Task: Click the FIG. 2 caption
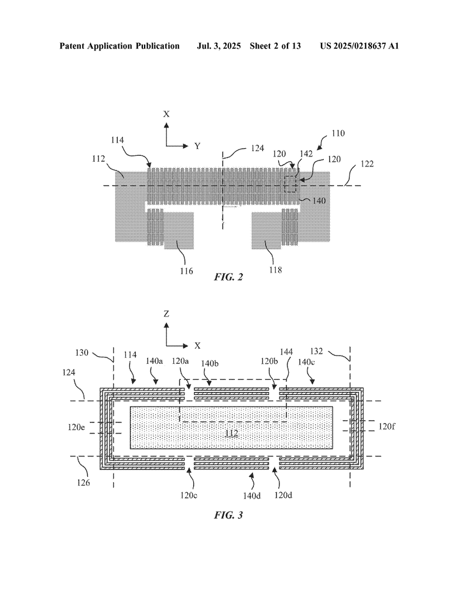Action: click(x=228, y=277)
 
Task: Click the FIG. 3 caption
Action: click(x=228, y=515)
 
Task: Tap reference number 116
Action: click(x=186, y=271)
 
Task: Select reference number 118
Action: click(x=275, y=270)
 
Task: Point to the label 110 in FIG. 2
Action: click(x=338, y=133)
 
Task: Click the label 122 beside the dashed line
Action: click(x=367, y=164)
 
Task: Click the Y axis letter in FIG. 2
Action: click(x=197, y=146)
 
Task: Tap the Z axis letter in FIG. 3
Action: click(x=166, y=314)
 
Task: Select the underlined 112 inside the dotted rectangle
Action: click(x=231, y=433)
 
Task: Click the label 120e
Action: click(x=76, y=427)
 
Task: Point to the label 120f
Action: click(x=387, y=426)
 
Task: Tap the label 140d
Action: click(x=252, y=496)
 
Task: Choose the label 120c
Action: click(x=189, y=495)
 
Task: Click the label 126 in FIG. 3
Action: click(x=83, y=483)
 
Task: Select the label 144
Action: click(x=286, y=352)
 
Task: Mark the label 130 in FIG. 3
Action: click(x=82, y=352)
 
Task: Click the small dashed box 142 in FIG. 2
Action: click(x=290, y=184)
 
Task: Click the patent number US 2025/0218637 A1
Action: click(x=360, y=46)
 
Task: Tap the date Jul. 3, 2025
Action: click(x=218, y=46)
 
